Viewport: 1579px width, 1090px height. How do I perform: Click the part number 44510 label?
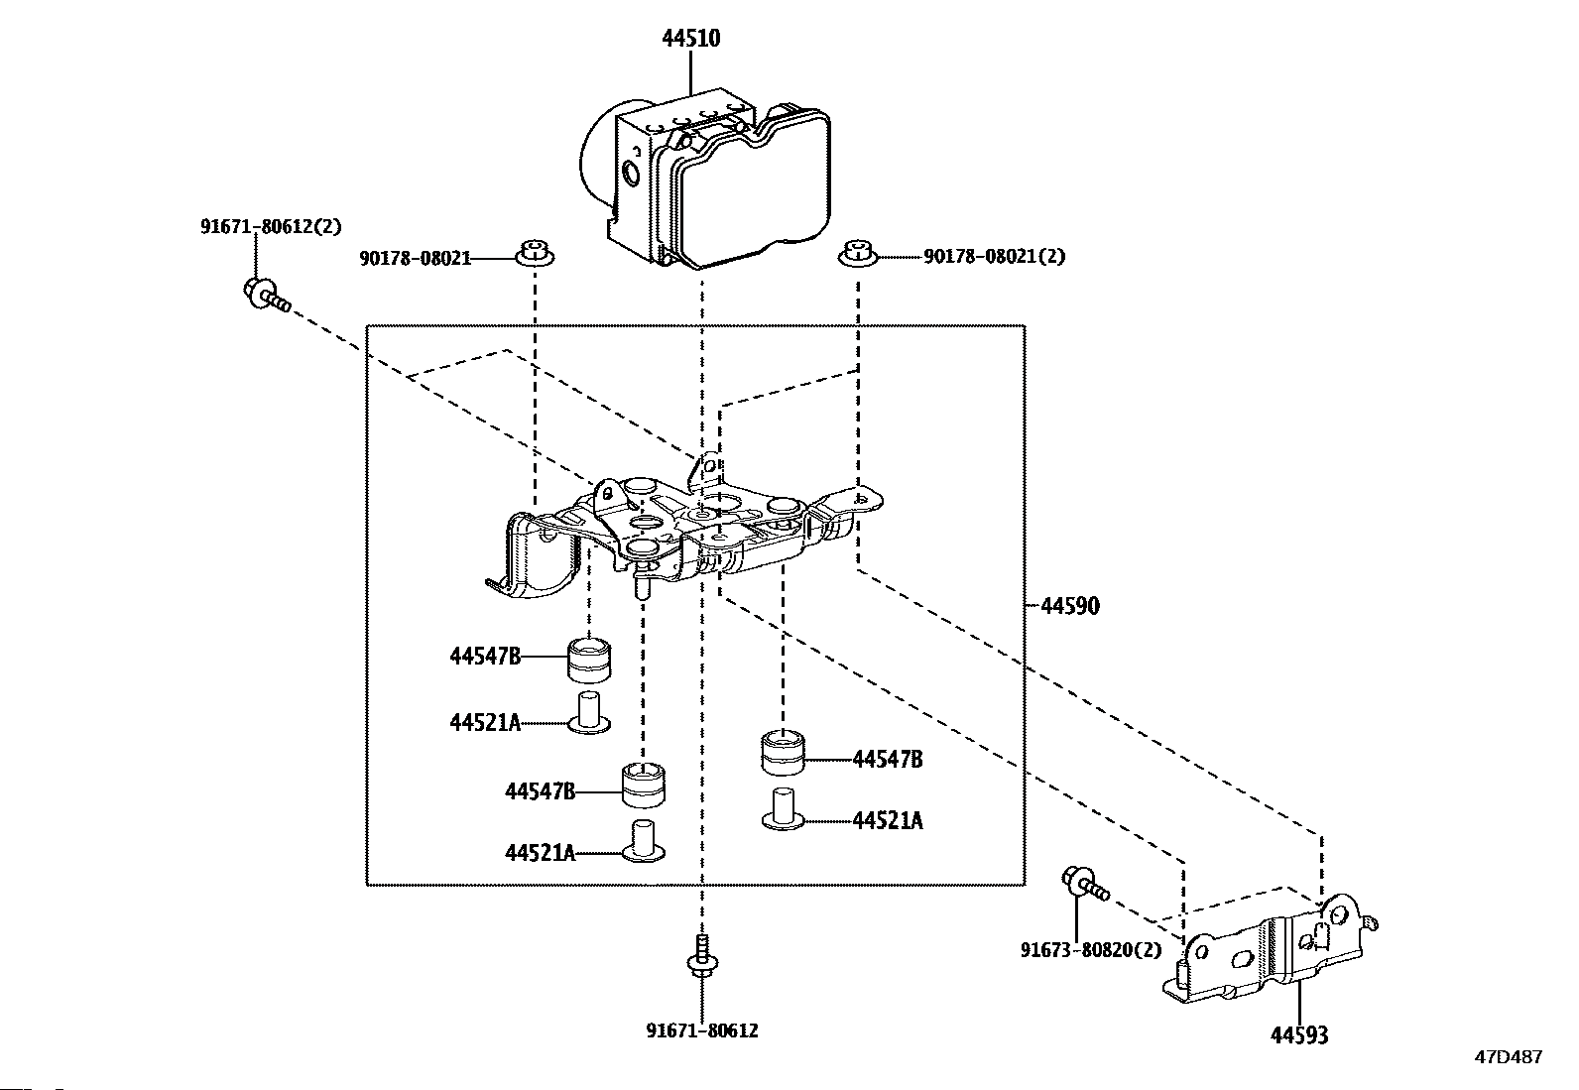tap(690, 38)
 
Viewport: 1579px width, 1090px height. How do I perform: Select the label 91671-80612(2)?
tap(271, 226)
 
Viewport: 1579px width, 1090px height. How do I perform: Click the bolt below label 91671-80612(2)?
tap(267, 295)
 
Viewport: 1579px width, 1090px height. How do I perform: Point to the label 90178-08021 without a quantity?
tap(416, 258)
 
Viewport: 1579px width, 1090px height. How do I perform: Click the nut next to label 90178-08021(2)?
tap(857, 254)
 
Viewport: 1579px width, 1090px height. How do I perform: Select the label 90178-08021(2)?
tap(994, 256)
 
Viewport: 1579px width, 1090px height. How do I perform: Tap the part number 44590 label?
tap(1070, 606)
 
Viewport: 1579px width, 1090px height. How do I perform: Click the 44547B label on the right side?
tap(888, 760)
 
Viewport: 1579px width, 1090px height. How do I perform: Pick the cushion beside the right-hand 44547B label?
tap(784, 753)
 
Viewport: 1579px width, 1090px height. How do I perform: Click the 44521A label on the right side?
tap(888, 820)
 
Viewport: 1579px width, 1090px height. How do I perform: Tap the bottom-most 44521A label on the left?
tap(540, 853)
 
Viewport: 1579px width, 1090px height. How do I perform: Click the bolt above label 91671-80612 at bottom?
tap(701, 956)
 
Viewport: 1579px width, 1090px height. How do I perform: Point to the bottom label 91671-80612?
tap(702, 1030)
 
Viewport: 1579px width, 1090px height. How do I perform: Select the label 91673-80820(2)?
tap(1090, 950)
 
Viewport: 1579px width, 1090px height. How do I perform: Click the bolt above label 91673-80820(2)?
tap(1084, 884)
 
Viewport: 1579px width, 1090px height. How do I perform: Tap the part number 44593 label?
tap(1299, 1035)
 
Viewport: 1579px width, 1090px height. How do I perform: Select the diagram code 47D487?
tap(1509, 1057)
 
